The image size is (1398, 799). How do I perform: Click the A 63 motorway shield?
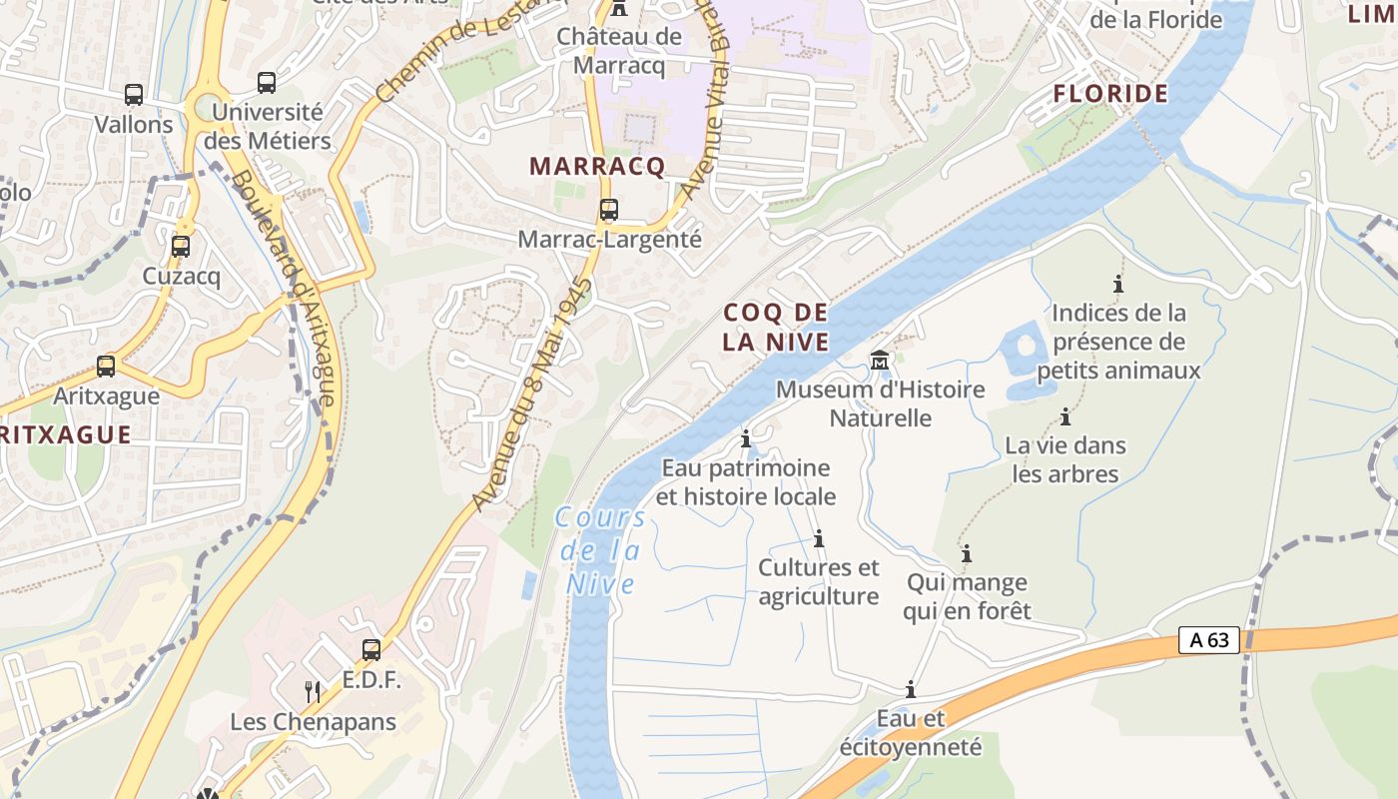[1209, 640]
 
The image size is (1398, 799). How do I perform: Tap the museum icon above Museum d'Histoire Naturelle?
[880, 360]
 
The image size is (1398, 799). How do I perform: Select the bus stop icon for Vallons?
[134, 95]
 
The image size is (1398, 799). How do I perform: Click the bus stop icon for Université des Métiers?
[266, 83]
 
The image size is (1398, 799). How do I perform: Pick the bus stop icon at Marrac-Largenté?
[608, 210]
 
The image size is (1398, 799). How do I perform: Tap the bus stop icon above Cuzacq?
[181, 246]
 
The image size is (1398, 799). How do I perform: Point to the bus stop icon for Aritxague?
[106, 367]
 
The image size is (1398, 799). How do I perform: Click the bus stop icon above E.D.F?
[371, 650]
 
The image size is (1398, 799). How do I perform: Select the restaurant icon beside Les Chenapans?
[313, 691]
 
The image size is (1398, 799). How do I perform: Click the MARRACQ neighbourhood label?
[597, 167]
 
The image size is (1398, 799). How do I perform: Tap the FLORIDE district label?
[1110, 94]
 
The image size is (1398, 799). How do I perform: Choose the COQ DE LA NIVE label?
[776, 328]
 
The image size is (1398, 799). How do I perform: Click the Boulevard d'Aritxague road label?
[286, 290]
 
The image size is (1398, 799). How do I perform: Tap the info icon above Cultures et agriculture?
[819, 539]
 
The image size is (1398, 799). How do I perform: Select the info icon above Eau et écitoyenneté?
[910, 689]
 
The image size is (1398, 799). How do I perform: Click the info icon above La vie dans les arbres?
[1065, 416]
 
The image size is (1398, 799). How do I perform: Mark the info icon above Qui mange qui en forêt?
[966, 553]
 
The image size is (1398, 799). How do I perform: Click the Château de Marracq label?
[619, 51]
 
